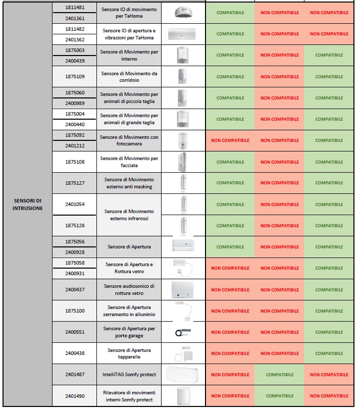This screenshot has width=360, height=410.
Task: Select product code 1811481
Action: click(x=74, y=8)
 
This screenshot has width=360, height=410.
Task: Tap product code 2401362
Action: click(x=74, y=39)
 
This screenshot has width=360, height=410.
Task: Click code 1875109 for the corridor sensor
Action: click(x=74, y=77)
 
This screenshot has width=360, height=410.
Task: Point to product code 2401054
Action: click(x=74, y=204)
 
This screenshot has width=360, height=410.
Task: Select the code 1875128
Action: click(x=74, y=226)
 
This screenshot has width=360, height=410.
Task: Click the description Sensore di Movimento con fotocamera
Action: click(x=129, y=140)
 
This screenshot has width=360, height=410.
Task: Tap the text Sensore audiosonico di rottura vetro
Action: click(x=129, y=289)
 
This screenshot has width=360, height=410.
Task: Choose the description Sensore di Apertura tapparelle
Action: click(x=129, y=353)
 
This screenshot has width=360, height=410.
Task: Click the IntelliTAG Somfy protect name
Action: click(x=129, y=375)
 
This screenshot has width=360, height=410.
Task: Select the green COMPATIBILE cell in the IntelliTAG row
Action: click(x=279, y=375)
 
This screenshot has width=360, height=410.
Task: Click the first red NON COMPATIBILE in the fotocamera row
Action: click(x=230, y=140)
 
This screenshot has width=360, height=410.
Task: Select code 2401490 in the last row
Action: click(x=74, y=396)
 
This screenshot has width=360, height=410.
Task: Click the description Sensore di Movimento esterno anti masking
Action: click(x=129, y=183)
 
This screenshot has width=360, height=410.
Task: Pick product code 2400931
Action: click(x=74, y=274)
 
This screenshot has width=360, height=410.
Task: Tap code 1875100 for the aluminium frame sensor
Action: click(x=74, y=311)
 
